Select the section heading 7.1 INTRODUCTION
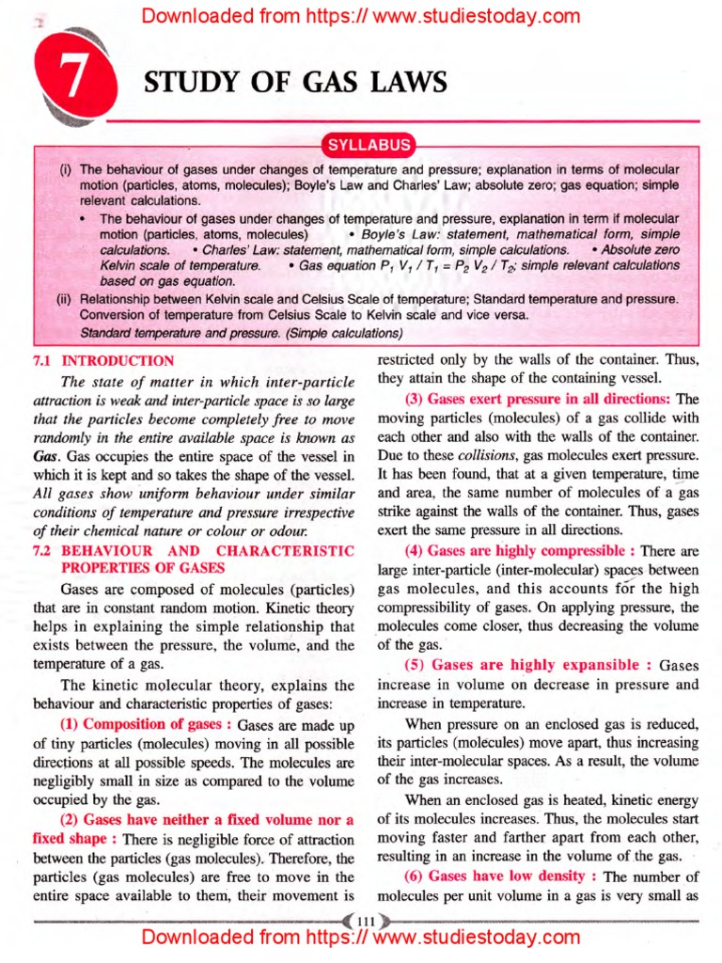click(103, 361)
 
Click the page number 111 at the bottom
click(362, 918)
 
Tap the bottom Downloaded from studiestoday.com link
click(360, 938)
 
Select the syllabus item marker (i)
click(66, 170)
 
